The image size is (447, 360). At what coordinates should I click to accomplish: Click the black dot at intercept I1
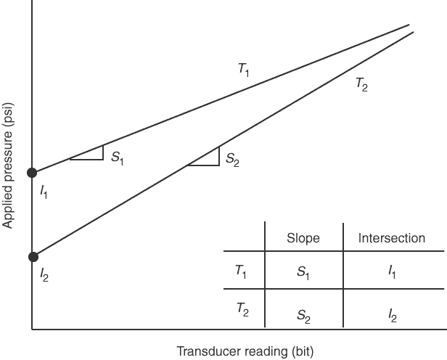point(32,173)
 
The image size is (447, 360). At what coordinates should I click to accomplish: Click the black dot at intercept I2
point(32,256)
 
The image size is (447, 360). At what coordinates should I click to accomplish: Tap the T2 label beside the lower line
point(361,84)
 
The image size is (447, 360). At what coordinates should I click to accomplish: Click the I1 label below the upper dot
point(44,193)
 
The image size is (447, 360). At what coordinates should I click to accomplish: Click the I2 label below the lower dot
point(44,276)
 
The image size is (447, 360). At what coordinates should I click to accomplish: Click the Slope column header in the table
point(303,238)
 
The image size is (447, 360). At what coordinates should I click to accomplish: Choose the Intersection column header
point(392,238)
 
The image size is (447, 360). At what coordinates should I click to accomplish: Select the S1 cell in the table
point(303,273)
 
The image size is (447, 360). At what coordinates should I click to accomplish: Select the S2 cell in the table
point(303,315)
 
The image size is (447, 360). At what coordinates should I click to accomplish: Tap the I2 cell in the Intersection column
point(392,315)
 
